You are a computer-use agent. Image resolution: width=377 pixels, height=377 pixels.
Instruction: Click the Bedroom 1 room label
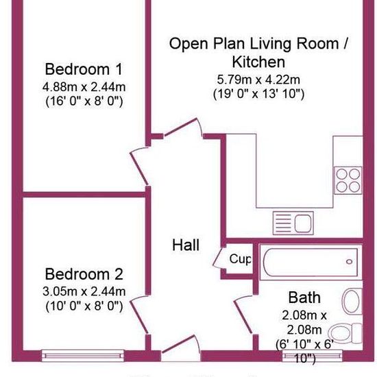point(84,69)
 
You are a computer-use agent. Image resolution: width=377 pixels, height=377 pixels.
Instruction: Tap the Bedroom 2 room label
point(84,274)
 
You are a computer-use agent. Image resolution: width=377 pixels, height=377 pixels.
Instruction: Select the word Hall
point(186,245)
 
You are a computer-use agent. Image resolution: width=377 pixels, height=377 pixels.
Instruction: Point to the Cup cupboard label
point(240,259)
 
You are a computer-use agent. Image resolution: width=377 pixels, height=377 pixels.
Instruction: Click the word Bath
point(304,297)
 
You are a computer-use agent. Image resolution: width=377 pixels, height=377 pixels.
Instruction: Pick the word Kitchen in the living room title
point(258,62)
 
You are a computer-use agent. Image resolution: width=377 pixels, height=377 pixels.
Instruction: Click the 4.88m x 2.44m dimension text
point(84,87)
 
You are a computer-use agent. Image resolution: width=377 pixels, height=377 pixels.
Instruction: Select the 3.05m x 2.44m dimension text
point(84,291)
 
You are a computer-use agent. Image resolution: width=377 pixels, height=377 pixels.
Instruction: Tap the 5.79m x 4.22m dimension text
point(258,80)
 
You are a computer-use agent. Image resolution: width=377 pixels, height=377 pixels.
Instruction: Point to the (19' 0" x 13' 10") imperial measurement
point(258,94)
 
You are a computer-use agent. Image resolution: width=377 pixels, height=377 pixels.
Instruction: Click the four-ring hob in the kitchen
point(348,180)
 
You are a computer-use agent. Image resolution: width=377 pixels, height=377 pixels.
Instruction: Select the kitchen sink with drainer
point(293,223)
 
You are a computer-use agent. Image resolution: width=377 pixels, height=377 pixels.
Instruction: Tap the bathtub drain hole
point(349,262)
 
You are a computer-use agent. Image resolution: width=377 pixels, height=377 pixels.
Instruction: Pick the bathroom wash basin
point(352,302)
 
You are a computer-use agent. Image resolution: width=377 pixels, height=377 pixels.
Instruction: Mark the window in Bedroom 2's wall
point(83,356)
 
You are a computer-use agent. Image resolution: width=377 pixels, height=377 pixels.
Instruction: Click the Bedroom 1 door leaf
point(139,169)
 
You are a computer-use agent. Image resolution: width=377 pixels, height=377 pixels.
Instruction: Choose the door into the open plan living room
point(180,127)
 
